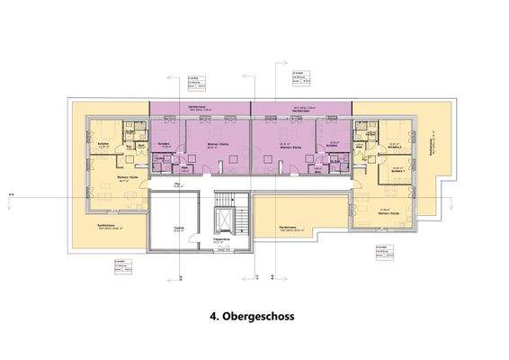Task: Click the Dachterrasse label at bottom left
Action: pos(108,226)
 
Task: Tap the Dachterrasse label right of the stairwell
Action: pos(289,227)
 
